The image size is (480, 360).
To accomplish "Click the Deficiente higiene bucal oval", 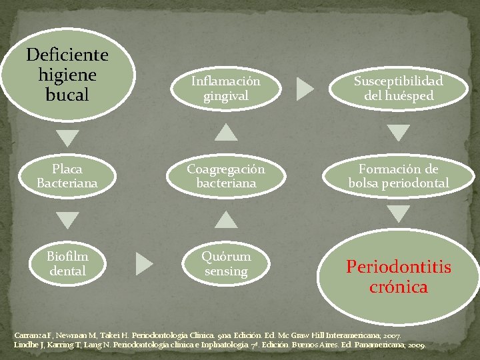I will click(67, 74).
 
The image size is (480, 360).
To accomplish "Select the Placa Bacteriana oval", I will click(67, 175).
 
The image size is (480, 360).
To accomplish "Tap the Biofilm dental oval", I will click(67, 263).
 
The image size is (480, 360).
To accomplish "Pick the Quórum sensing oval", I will click(227, 263).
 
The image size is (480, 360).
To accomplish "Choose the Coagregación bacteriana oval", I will click(227, 175).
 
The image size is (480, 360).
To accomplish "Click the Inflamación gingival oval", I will click(227, 88).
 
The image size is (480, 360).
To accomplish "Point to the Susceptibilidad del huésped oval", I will click(399, 88).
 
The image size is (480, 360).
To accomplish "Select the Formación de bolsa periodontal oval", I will click(399, 175).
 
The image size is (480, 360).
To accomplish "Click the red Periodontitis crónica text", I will click(399, 277).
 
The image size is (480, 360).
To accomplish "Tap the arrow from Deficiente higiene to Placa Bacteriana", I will click(67, 137).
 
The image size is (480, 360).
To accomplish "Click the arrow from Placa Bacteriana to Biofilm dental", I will click(67, 219).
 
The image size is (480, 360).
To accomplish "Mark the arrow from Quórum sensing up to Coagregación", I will click(227, 219).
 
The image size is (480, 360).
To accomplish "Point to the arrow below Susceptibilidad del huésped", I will click(399, 133).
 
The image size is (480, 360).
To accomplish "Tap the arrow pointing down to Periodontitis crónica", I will click(399, 213).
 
